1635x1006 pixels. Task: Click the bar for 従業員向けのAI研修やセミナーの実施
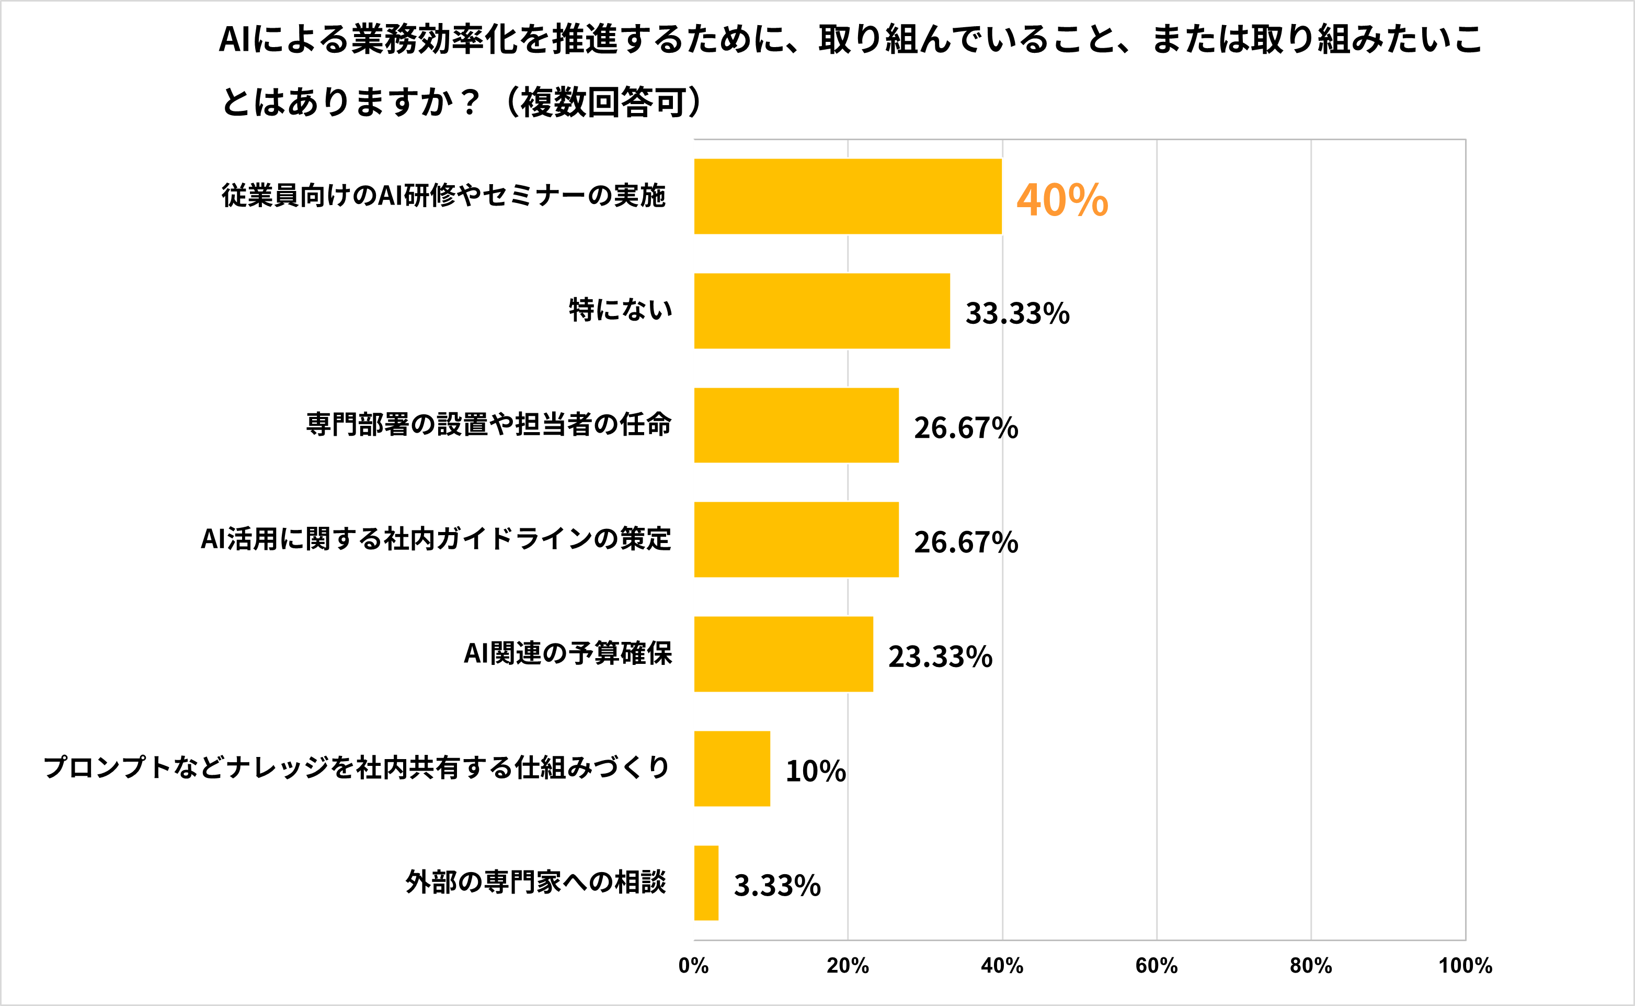tap(848, 196)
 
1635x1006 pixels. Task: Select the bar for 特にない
tap(822, 311)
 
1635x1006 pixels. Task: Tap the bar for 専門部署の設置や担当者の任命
tap(796, 425)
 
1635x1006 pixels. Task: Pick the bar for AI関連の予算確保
tap(783, 654)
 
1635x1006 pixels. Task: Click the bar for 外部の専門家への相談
tap(706, 883)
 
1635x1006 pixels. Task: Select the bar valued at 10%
tap(732, 768)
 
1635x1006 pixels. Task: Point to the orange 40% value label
tap(1062, 200)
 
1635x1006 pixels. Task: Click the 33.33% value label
tap(1017, 313)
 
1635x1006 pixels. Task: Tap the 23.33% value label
tap(940, 657)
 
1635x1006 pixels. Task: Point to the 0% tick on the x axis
tap(693, 965)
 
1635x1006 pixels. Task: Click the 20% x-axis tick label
tap(848, 965)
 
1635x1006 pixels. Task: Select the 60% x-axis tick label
tap(1156, 965)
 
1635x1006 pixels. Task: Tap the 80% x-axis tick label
tap(1310, 965)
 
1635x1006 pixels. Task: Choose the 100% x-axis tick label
tap(1466, 965)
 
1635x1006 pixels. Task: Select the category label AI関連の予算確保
tap(568, 653)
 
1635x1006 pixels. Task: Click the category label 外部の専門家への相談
tap(536, 882)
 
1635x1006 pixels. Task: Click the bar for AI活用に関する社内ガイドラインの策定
tap(796, 539)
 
